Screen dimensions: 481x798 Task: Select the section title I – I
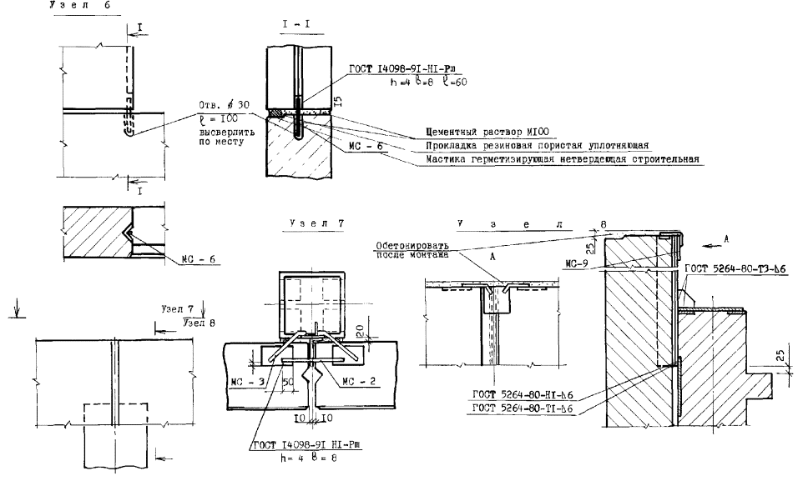click(295, 28)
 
